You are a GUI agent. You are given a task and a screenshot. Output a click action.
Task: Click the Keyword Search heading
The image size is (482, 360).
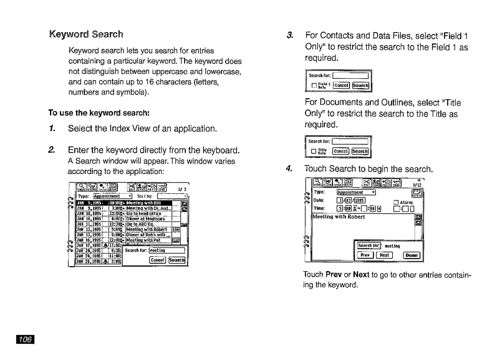click(x=87, y=34)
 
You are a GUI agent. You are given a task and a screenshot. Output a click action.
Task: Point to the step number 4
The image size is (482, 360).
click(x=290, y=169)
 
